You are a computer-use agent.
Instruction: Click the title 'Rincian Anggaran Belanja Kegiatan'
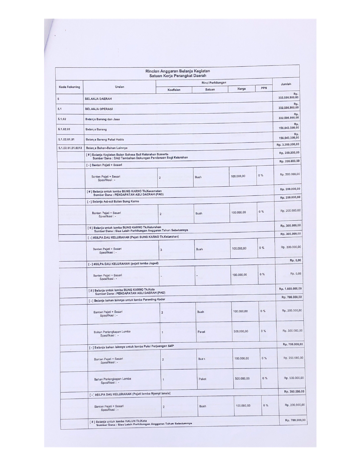click(x=177, y=71)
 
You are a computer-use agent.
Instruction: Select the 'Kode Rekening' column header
click(x=69, y=87)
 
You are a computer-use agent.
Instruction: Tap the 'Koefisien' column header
click(x=174, y=90)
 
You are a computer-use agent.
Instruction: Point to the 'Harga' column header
click(x=241, y=89)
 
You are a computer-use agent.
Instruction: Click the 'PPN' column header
click(x=264, y=88)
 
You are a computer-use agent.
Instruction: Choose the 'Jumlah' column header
click(x=286, y=84)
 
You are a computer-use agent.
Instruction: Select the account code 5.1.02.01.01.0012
click(x=70, y=148)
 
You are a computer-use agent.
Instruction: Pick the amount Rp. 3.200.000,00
click(x=288, y=145)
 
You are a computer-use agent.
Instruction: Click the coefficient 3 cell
click(x=161, y=250)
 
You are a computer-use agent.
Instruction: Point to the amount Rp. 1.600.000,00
click(x=290, y=289)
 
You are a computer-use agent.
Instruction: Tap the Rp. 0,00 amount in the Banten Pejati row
click(x=296, y=274)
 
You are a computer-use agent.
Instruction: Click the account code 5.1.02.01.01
click(x=66, y=140)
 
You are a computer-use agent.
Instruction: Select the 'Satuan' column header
click(x=210, y=90)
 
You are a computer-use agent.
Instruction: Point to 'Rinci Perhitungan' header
click(x=214, y=82)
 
